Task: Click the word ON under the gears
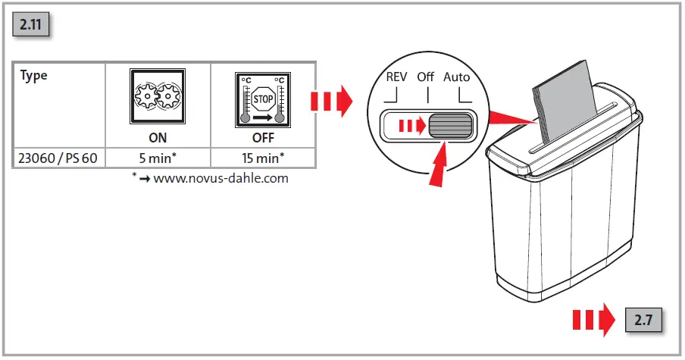click(158, 139)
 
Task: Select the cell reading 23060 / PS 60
click(58, 158)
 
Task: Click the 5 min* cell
click(158, 158)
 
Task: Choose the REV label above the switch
click(396, 77)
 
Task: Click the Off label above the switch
click(426, 77)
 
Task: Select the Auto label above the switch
click(456, 77)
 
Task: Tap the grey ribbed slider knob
click(449, 126)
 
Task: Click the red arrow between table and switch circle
click(331, 100)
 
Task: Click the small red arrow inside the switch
click(414, 126)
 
